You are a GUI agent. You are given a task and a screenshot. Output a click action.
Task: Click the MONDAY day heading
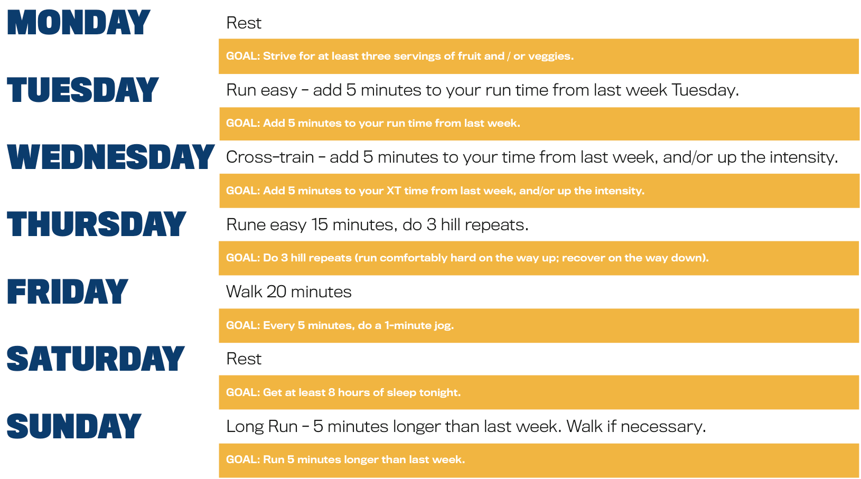coord(79,23)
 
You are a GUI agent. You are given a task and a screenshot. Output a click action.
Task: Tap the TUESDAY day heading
coord(82,90)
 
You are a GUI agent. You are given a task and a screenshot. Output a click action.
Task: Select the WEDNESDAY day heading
coord(110,157)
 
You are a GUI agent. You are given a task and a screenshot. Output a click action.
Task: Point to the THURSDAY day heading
coord(96,224)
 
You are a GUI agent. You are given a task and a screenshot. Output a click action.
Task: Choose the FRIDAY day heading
coord(68,292)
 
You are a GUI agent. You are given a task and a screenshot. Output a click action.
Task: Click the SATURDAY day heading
coord(96,359)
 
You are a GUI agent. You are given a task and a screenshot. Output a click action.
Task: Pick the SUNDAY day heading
coord(74,426)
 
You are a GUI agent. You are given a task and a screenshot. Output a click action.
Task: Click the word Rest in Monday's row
coord(244,23)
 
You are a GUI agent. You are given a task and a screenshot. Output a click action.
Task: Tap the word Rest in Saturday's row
coord(244,359)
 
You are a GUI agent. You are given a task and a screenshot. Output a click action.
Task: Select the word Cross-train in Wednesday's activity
coord(270,157)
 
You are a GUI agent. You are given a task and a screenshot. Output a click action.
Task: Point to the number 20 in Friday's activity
coord(276,292)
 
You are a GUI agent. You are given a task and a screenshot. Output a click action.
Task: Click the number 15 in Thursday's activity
coord(320,225)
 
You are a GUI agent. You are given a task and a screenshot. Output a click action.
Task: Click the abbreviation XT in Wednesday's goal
coord(394,191)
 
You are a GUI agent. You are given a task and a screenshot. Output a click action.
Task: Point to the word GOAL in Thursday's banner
coord(242,258)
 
